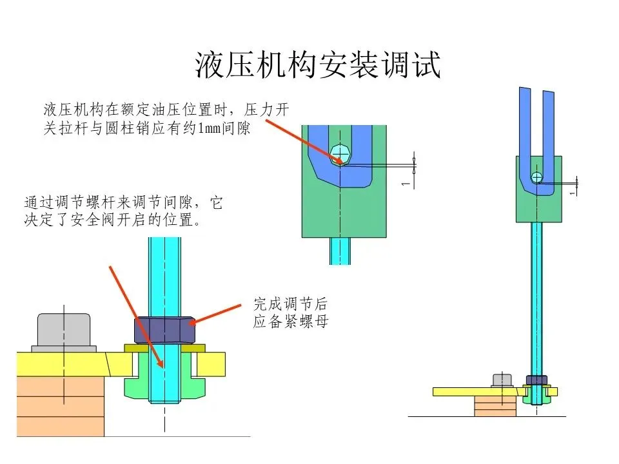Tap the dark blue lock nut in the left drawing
[164, 330]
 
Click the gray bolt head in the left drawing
[63, 330]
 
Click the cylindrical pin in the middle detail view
[339, 154]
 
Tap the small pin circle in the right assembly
[537, 177]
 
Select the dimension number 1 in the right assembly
[572, 192]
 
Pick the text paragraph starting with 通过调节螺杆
[123, 211]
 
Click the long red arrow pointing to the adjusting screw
[135, 316]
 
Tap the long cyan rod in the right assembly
[536, 296]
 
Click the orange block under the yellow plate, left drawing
[61, 406]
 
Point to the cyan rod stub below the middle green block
[339, 251]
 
